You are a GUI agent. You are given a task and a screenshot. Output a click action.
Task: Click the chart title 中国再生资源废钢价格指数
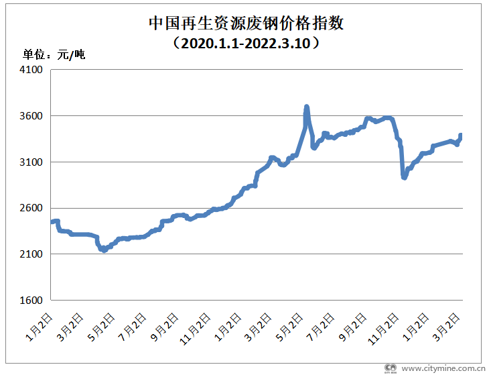[246, 24]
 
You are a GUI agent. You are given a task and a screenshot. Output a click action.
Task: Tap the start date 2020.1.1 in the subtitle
[208, 44]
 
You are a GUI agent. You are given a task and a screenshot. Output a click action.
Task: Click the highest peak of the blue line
[307, 107]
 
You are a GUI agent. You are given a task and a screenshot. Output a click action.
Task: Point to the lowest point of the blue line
[104, 250]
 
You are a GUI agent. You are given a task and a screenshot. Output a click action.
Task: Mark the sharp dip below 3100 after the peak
[404, 177]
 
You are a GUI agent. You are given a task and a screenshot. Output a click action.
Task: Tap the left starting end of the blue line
[52, 222]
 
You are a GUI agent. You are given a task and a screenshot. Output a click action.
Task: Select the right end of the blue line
[462, 136]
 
